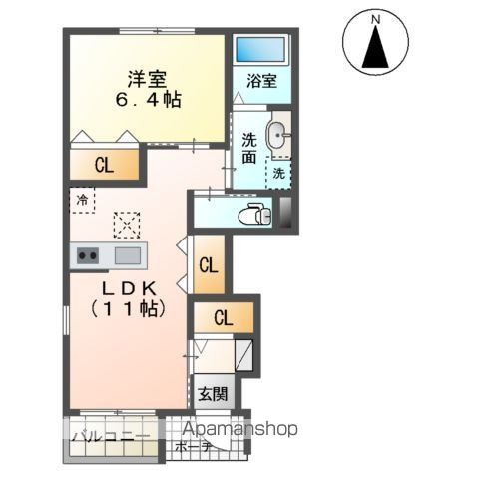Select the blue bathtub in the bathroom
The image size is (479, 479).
click(260, 49)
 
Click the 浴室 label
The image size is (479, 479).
click(260, 83)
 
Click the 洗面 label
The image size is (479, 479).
click(249, 148)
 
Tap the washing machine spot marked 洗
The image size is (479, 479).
click(278, 173)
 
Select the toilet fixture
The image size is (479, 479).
click(255, 213)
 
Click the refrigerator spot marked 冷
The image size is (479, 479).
click(82, 199)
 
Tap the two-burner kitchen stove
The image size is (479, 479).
click(88, 255)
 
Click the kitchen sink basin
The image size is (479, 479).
click(127, 255)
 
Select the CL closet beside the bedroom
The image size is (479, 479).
click(103, 166)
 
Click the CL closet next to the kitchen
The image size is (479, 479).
click(208, 265)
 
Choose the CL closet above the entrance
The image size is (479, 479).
click(224, 319)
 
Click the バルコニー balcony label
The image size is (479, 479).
click(111, 437)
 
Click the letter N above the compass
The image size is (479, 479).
click(376, 18)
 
